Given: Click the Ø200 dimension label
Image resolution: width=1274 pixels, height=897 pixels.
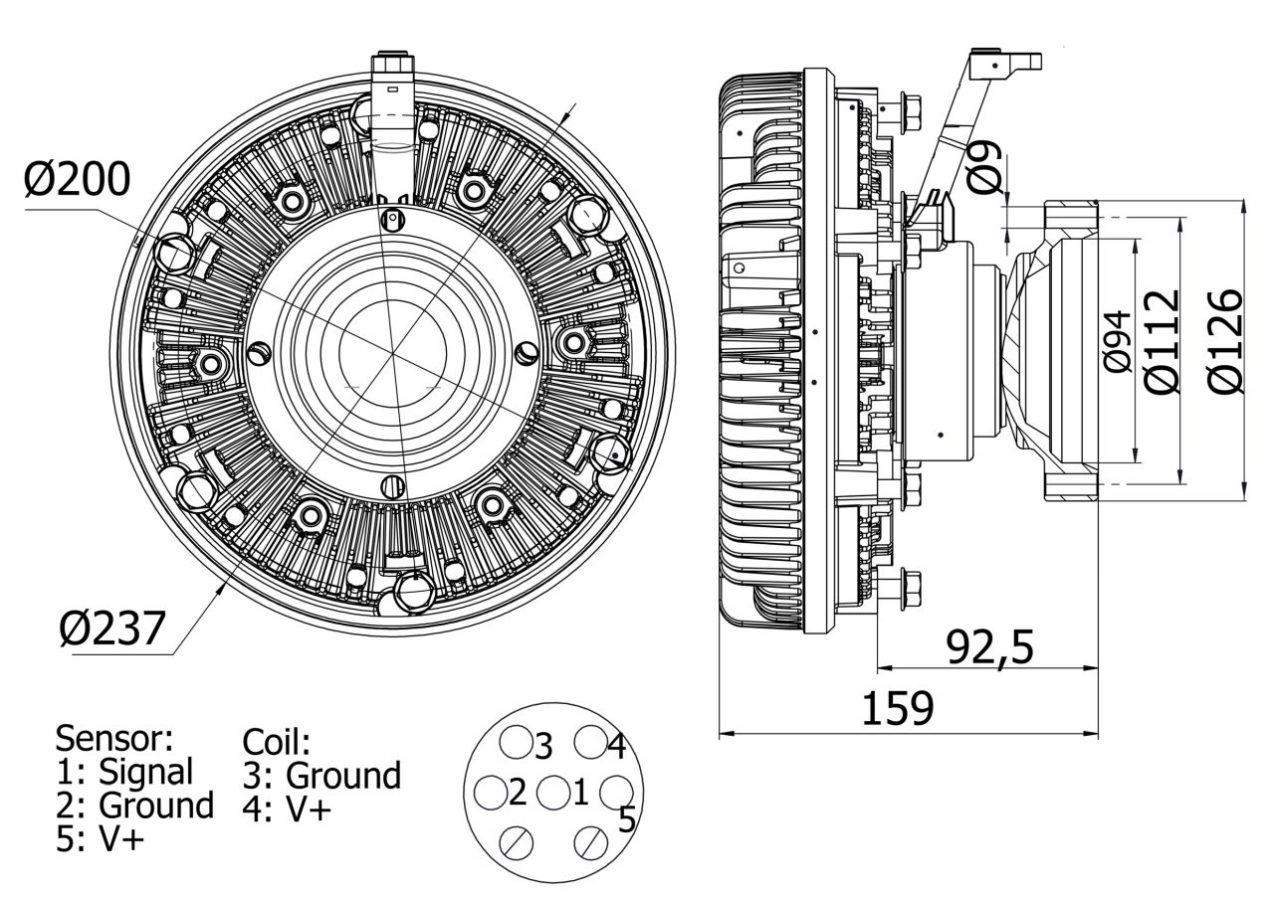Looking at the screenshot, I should click(x=78, y=180).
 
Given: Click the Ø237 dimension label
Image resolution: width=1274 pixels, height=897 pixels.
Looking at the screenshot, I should click(x=110, y=628).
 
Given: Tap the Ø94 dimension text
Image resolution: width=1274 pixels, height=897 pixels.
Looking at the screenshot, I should click(x=1119, y=341).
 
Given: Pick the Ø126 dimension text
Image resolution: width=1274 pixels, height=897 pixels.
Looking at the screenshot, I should click(x=1226, y=341).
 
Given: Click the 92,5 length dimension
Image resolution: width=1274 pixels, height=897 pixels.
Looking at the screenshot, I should click(x=989, y=647).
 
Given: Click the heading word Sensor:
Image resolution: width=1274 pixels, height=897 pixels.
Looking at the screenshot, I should click(x=114, y=738).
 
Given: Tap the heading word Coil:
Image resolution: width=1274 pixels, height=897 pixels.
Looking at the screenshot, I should click(x=277, y=742).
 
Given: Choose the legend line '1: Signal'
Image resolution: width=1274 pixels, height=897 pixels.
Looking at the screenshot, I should click(x=124, y=771).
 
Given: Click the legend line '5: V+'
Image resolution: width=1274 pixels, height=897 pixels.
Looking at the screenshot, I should click(x=101, y=838).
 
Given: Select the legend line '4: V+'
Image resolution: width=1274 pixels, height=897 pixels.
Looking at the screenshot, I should click(x=287, y=808).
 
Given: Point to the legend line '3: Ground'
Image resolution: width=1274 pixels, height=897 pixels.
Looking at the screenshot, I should click(x=321, y=776).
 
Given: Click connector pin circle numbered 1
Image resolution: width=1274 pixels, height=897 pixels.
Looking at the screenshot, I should click(x=552, y=793).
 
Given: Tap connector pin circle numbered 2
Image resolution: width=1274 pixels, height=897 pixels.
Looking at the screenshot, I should click(x=491, y=793).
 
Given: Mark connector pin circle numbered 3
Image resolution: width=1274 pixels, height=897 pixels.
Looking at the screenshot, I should click(x=515, y=741).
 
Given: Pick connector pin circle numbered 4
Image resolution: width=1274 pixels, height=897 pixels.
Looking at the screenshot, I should click(x=590, y=741).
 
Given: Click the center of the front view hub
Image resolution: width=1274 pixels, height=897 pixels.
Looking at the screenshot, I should click(x=392, y=353).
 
